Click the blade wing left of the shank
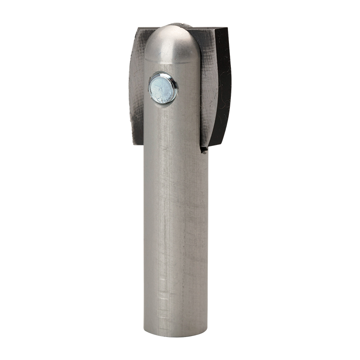(137, 86)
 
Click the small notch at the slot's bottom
(204, 150)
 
